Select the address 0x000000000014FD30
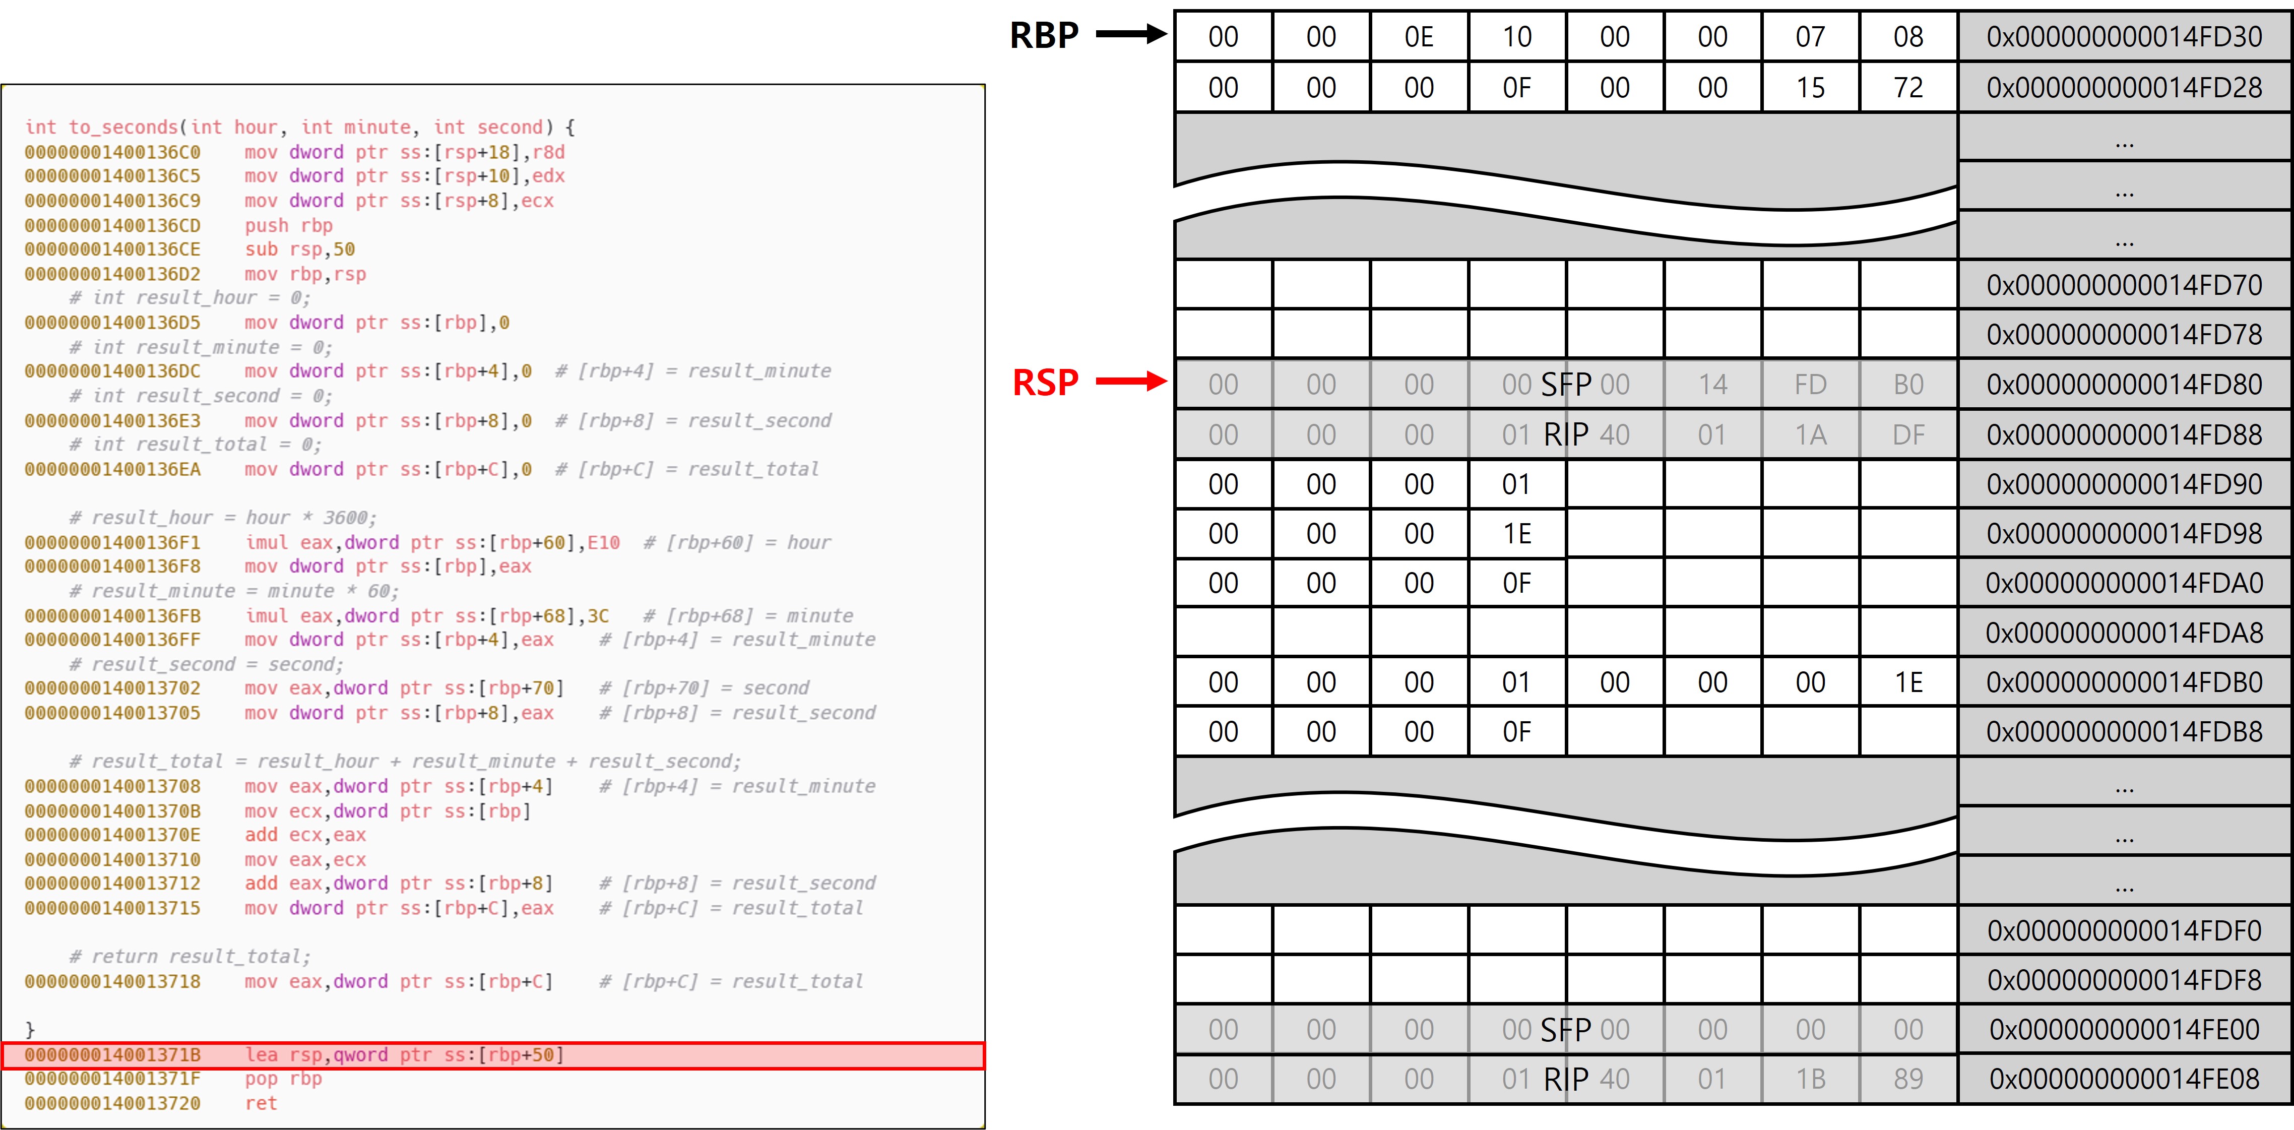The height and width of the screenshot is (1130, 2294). pyautogui.click(x=2124, y=36)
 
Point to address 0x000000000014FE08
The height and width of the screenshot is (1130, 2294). pyautogui.click(x=2124, y=1079)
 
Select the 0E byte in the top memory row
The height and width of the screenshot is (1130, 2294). pyautogui.click(x=1419, y=36)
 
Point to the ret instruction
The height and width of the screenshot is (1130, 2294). pyautogui.click(x=261, y=1103)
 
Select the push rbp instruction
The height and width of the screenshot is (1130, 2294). pyautogui.click(x=289, y=225)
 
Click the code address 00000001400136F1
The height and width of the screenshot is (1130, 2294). pyautogui.click(x=112, y=542)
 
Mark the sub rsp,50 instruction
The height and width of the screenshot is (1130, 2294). pyautogui.click(x=299, y=249)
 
